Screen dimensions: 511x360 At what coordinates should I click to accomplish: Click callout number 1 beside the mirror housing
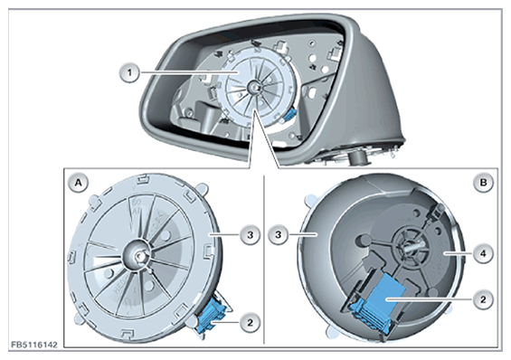(x=129, y=72)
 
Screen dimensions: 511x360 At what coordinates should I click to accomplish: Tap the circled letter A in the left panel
(x=78, y=183)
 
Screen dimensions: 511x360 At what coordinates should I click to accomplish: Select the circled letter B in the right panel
(x=483, y=183)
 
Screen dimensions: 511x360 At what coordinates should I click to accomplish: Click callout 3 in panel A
(x=250, y=234)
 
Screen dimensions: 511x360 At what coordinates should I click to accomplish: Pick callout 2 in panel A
(x=250, y=323)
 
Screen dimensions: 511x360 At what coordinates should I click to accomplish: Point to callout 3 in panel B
(x=278, y=234)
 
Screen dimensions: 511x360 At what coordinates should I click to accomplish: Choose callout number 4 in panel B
(x=483, y=253)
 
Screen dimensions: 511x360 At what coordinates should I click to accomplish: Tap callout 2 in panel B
(x=483, y=299)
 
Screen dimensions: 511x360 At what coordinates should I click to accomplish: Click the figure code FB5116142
(x=34, y=345)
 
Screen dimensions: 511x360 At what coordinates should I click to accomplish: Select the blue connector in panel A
(x=211, y=316)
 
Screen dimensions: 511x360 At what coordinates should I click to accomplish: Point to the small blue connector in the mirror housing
(x=290, y=115)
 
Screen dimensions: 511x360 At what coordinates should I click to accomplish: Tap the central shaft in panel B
(x=412, y=246)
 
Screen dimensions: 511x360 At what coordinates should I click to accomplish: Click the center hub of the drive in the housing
(x=253, y=87)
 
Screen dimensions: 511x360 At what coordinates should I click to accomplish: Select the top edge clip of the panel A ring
(x=142, y=178)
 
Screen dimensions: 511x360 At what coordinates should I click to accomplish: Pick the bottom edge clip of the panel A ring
(x=128, y=334)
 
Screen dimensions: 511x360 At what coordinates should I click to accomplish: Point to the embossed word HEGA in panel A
(x=119, y=286)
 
